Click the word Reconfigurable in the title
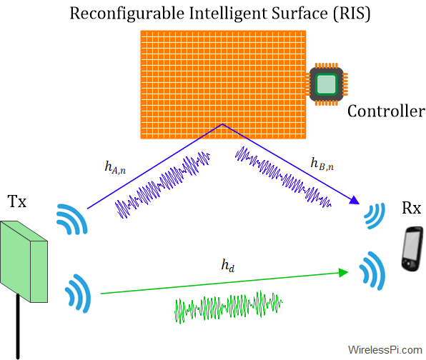click(x=127, y=14)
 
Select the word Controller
click(x=386, y=111)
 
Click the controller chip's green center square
click(x=327, y=84)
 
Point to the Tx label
click(x=17, y=201)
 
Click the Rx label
click(x=411, y=208)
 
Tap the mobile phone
click(x=412, y=249)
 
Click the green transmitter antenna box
click(x=24, y=261)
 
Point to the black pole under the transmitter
click(x=18, y=326)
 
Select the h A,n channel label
click(x=115, y=167)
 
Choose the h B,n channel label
click(x=322, y=164)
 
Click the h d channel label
click(x=228, y=265)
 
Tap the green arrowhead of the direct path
click(x=343, y=272)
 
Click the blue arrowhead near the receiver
click(x=355, y=200)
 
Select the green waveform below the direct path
click(x=229, y=307)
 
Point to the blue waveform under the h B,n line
click(x=283, y=177)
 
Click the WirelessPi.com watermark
click(x=385, y=350)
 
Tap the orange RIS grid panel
click(x=223, y=84)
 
